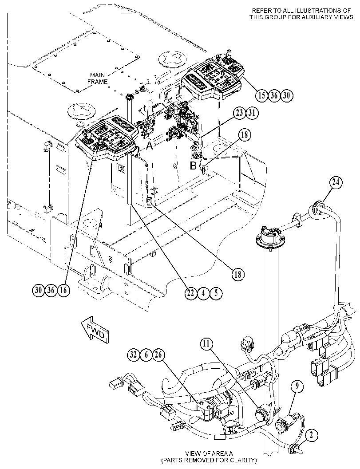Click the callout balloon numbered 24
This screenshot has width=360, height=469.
[x=336, y=182]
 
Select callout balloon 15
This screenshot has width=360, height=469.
[x=262, y=95]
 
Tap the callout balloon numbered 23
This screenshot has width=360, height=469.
[x=239, y=113]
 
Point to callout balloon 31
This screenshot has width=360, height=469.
[x=252, y=113]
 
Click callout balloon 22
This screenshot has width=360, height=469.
[x=190, y=293]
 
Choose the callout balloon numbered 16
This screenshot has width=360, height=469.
[x=63, y=290]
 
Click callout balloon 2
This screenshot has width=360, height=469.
[x=312, y=436]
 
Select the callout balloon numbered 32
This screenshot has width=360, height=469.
[x=134, y=355]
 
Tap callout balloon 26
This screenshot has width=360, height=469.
[x=158, y=355]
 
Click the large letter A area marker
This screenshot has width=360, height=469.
[x=149, y=146]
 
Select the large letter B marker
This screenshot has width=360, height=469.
[x=193, y=165]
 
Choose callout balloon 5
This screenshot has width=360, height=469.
[x=216, y=293]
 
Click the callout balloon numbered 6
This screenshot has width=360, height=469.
[x=146, y=355]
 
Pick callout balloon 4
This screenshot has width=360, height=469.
[x=203, y=293]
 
